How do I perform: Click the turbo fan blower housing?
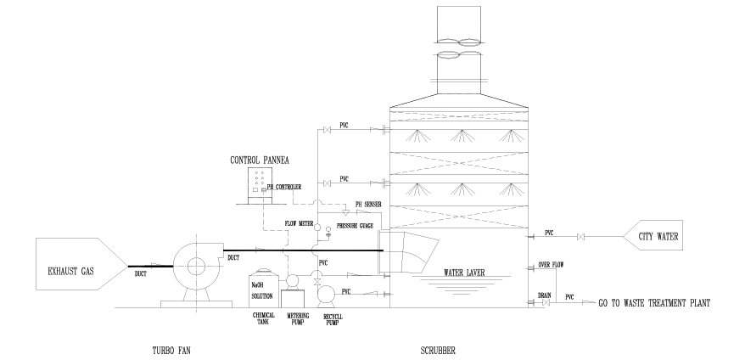coord(195,264)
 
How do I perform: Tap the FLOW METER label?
coord(301,224)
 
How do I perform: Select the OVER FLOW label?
coord(550,266)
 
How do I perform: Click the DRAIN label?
coord(546,295)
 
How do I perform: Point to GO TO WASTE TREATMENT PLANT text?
coord(653,302)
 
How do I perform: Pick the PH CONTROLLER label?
coord(284,187)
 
